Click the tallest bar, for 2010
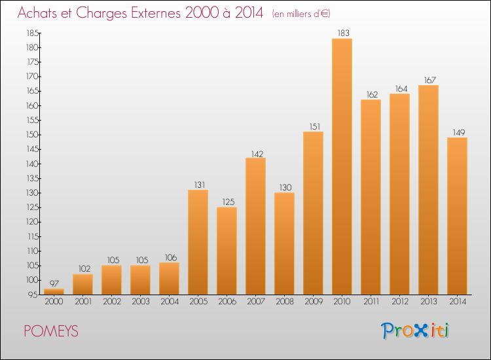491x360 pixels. pos(342,166)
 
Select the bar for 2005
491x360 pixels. pos(198,242)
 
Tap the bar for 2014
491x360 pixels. pos(457,216)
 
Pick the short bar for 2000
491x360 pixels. pos(54,292)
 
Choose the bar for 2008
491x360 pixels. pos(284,243)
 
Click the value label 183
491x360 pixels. pos(342,33)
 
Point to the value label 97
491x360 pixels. pos(54,283)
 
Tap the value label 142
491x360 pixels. pos(255,153)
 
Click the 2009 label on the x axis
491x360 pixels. pos(313,302)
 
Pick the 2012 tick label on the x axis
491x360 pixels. pos(399,302)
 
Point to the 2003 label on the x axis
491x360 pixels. pos(140,302)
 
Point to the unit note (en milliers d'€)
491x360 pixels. pos(305,14)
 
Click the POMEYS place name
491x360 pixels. pos(50,332)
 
